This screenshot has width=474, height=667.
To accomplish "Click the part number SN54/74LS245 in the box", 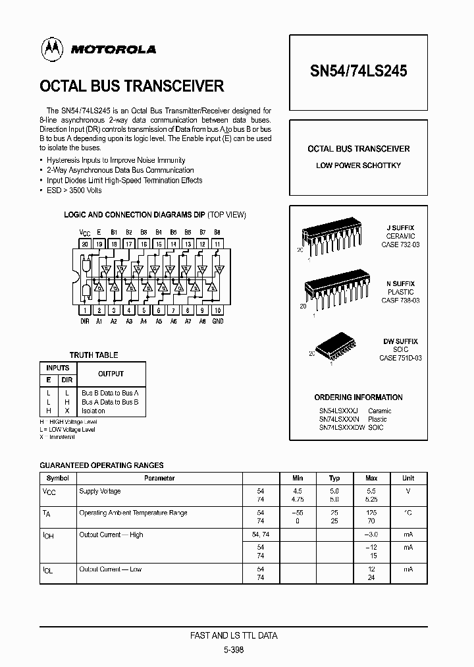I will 358,71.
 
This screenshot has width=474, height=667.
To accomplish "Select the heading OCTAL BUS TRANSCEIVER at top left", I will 132,86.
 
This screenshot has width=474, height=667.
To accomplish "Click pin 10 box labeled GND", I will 217,309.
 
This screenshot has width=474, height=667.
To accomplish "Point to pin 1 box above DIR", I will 85,309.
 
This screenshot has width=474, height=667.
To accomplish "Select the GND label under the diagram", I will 217,321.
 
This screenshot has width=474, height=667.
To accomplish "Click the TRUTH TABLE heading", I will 94,355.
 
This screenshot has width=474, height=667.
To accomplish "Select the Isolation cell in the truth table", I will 93,411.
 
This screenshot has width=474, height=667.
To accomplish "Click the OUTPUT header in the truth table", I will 111,374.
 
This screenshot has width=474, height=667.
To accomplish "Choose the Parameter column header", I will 159,478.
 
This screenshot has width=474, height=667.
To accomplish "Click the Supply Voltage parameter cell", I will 100,491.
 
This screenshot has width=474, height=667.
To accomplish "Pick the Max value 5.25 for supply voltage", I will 371,500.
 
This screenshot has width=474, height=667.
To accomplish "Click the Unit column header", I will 408,478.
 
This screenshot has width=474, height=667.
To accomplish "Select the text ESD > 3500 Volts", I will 74,190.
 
